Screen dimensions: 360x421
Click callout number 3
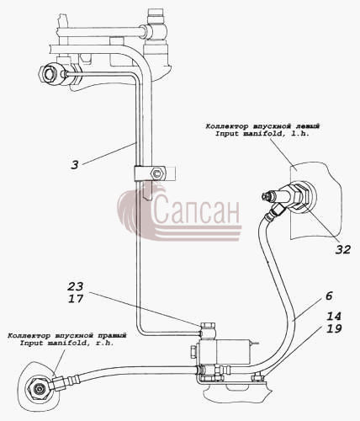75,165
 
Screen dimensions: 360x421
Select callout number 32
343,249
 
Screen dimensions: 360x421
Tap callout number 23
76,286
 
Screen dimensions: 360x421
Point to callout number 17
76,298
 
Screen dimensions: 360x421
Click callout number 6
329,296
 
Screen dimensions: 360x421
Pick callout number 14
334,317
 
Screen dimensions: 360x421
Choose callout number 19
334,328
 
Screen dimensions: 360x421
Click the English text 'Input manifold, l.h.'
262,134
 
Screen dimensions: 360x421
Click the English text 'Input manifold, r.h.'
67,343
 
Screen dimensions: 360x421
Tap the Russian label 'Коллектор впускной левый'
262,126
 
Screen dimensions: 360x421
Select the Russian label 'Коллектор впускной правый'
67,336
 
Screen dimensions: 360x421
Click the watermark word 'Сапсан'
196,209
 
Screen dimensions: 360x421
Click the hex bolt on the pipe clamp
156,174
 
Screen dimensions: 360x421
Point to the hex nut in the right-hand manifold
38,389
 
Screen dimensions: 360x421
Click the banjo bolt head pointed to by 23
208,326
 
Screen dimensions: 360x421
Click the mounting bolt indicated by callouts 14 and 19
257,377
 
